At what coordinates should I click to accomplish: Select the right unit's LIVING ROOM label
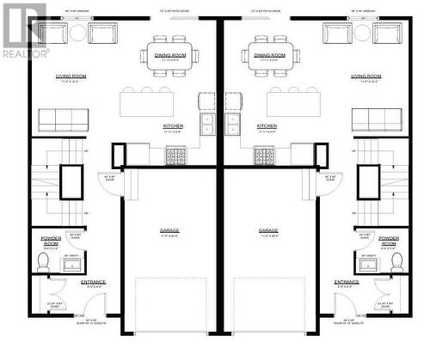click(x=366, y=76)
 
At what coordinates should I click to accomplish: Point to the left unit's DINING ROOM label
click(x=170, y=54)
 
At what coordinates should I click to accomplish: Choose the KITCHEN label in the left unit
click(x=173, y=125)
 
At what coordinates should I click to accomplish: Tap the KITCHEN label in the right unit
click(x=267, y=125)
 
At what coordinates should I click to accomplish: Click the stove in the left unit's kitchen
click(x=175, y=156)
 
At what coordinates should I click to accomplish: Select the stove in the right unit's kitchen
click(x=264, y=156)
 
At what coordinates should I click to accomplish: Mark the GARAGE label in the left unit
click(x=169, y=230)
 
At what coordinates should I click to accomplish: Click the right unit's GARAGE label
click(x=269, y=230)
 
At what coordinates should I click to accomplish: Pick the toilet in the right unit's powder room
click(x=396, y=264)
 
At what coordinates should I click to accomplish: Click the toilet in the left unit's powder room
click(x=42, y=264)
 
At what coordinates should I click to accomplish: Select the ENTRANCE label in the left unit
click(x=93, y=281)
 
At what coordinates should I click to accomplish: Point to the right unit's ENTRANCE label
click(x=347, y=281)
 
